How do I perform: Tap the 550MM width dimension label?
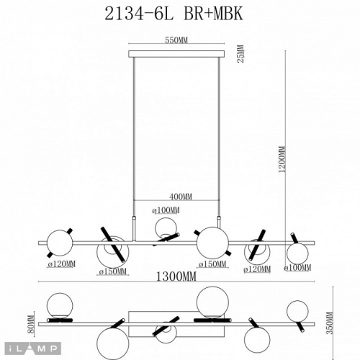[x=176, y=42]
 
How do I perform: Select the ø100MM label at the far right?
[x=298, y=268]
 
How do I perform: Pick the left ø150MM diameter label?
[x=112, y=271]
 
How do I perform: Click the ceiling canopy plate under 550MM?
[x=176, y=53]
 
